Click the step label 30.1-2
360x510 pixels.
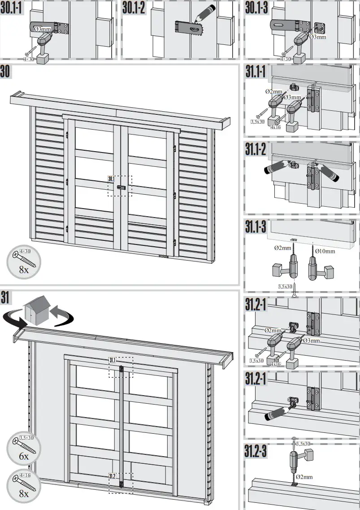134,8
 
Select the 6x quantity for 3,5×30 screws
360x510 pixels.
24,456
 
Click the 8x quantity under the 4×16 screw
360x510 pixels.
24,493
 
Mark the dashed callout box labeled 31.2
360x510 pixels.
121,483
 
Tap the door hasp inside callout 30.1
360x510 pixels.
121,187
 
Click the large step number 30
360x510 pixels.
6,72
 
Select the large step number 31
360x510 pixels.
6,297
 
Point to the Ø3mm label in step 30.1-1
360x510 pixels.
43,29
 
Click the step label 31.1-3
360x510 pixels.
256,227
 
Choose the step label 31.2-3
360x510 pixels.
256,451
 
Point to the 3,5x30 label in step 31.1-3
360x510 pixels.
285,286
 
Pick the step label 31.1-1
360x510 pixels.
256,73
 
